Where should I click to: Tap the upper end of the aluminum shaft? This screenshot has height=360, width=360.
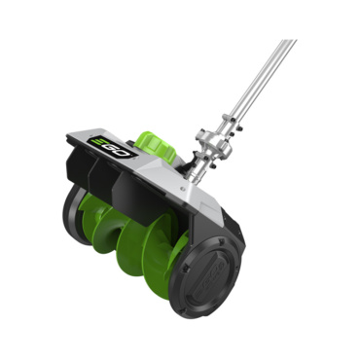[289, 42]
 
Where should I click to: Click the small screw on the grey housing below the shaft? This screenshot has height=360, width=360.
[183, 187]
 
